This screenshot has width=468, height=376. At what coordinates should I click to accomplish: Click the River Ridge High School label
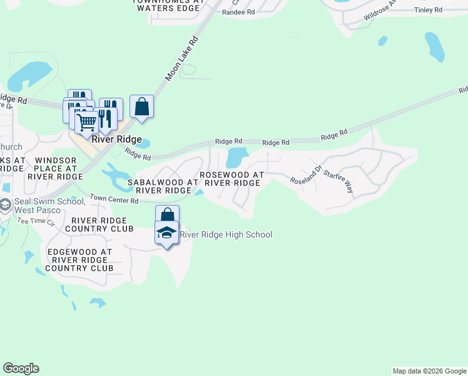[226, 235]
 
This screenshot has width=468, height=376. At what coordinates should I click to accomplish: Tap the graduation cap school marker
[167, 233]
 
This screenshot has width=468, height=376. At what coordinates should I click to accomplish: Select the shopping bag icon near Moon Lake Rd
[142, 107]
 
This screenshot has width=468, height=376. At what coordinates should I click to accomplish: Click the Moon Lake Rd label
[181, 58]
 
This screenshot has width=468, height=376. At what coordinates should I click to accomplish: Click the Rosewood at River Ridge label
[231, 178]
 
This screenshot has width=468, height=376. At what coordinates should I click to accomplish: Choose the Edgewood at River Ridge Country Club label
[80, 260]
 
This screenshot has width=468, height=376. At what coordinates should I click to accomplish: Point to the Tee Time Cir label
[36, 221]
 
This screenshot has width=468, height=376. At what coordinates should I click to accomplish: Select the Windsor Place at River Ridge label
[56, 169]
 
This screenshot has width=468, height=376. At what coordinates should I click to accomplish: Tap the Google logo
[21, 368]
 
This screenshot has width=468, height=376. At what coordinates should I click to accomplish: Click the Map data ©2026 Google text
[429, 371]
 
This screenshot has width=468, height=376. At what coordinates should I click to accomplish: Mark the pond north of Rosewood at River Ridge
[237, 156]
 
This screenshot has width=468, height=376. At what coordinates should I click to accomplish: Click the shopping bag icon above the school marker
[167, 215]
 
